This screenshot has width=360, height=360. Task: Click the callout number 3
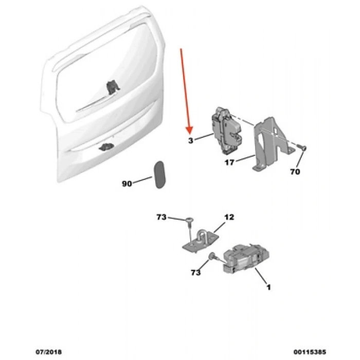[x=190, y=139]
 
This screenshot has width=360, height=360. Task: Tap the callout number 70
[x=295, y=172]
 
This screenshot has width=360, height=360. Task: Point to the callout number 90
[x=127, y=184]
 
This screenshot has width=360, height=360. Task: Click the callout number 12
[x=229, y=218]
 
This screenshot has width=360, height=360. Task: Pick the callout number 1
[x=268, y=287]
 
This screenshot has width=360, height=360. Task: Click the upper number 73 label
[x=161, y=218]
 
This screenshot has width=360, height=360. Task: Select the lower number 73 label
[x=195, y=273]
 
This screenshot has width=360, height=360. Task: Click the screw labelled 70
[x=302, y=149]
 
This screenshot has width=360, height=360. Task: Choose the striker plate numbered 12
[x=201, y=241]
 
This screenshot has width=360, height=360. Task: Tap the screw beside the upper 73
[x=189, y=221]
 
